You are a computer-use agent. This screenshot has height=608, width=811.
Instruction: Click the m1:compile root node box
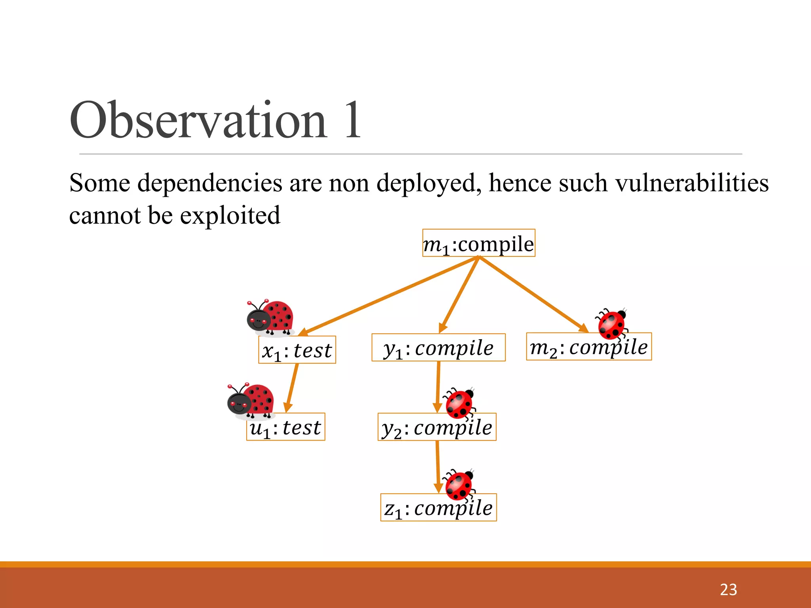click(479, 243)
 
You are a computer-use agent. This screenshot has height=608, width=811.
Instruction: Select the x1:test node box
click(297, 350)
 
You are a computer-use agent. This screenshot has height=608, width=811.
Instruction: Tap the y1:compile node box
click(438, 348)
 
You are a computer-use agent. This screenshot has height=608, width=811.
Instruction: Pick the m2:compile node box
click(588, 347)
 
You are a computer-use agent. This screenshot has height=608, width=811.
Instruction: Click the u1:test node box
click(286, 427)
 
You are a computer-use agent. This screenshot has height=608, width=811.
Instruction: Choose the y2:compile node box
click(437, 427)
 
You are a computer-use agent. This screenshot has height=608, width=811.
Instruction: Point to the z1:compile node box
click(438, 507)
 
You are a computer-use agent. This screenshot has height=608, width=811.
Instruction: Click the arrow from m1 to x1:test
click(388, 296)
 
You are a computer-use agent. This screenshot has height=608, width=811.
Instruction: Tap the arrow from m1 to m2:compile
click(533, 294)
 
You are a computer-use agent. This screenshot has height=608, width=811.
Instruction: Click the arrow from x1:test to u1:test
click(292, 388)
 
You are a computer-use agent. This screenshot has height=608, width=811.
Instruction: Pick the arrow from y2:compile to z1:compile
click(438, 467)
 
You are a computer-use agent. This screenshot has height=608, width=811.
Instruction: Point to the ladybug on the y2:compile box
click(459, 404)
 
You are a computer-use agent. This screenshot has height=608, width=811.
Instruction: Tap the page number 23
click(728, 590)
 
